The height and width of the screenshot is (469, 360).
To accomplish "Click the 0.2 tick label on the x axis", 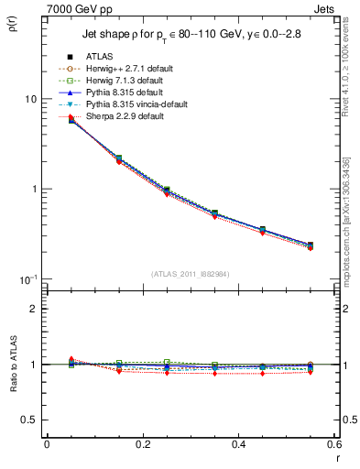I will tap(142, 444).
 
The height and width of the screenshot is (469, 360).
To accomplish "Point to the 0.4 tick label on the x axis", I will tap(237, 444).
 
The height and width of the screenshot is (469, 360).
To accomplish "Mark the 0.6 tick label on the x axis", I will tap(333, 444).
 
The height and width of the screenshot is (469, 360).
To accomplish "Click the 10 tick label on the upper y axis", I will tap(30, 99).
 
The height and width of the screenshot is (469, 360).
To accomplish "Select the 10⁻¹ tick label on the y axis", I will tap(27, 278).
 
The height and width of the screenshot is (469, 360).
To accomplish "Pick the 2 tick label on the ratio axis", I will tap(34, 309).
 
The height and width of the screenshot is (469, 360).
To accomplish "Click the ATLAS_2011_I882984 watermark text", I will tap(190, 274).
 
